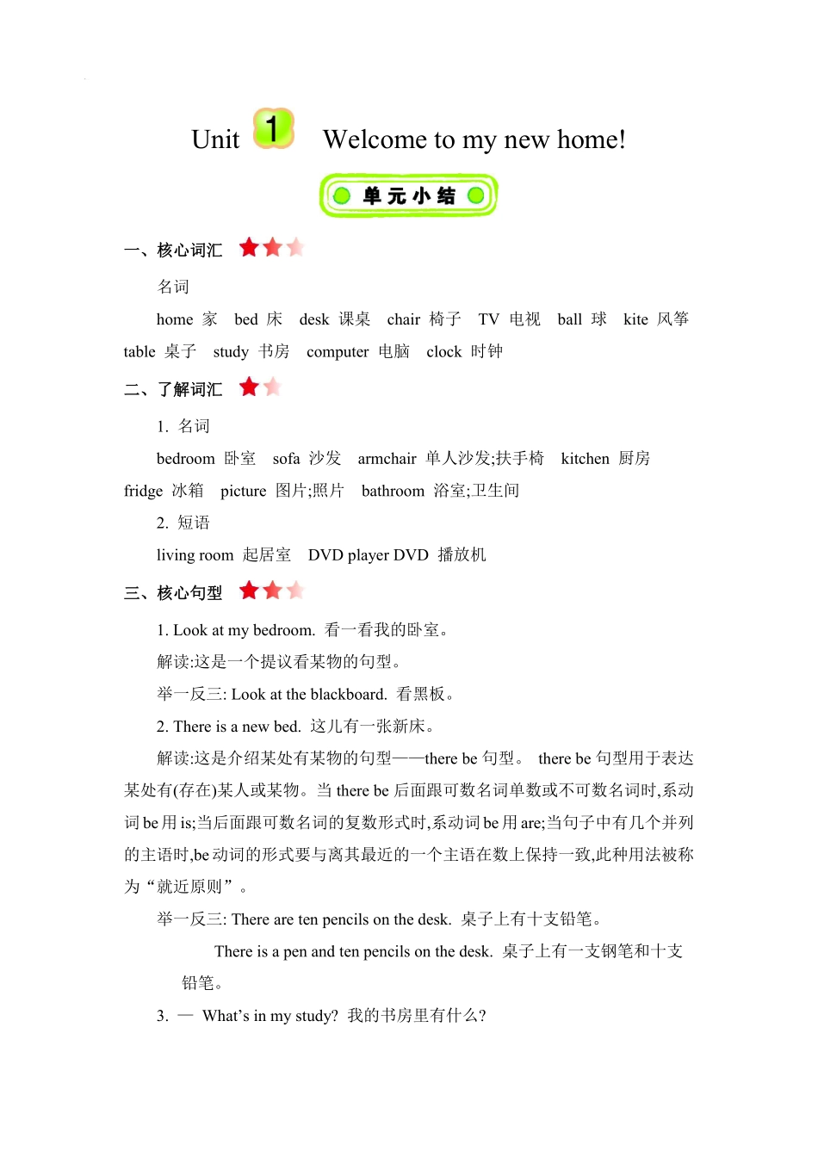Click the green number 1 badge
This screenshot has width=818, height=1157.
pyautogui.click(x=274, y=129)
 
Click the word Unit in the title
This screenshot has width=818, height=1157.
pyautogui.click(x=215, y=139)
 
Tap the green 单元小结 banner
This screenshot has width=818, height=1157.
pyautogui.click(x=408, y=195)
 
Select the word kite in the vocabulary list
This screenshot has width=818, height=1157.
pyautogui.click(x=635, y=319)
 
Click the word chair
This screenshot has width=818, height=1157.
pyautogui.click(x=403, y=319)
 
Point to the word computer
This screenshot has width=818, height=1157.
pyautogui.click(x=338, y=352)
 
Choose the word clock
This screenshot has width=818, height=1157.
pyautogui.click(x=443, y=352)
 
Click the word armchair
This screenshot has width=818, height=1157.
pyautogui.click(x=387, y=459)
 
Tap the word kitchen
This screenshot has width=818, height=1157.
pyautogui.click(x=585, y=459)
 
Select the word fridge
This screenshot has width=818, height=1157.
pyautogui.click(x=143, y=491)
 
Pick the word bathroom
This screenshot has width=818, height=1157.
pyautogui.click(x=393, y=491)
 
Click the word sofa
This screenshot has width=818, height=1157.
pyautogui.click(x=286, y=459)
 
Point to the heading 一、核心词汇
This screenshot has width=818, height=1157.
pyautogui.click(x=173, y=251)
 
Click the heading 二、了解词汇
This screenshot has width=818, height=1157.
pyautogui.click(x=173, y=390)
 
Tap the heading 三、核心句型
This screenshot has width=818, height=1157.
pyautogui.click(x=173, y=593)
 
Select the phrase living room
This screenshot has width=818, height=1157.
pyautogui.click(x=195, y=555)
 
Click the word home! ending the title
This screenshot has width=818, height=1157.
pyautogui.click(x=591, y=139)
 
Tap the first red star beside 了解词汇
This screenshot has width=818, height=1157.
pyautogui.click(x=249, y=387)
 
